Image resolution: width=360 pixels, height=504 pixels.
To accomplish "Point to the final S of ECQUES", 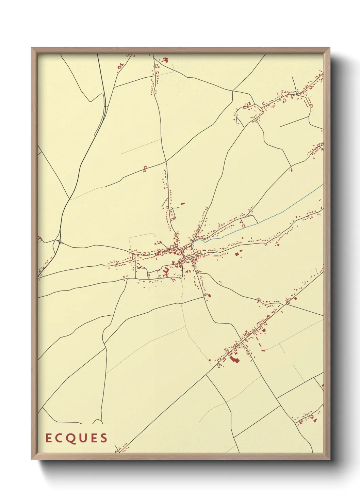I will coord(104,438).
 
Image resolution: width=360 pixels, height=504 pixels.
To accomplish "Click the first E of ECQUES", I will coord(48,438).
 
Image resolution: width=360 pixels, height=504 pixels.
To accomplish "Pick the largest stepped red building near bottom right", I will coord(234,358).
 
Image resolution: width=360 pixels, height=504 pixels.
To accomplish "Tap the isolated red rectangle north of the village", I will coord(183,203).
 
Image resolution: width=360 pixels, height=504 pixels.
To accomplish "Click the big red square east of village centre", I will coord(237,254).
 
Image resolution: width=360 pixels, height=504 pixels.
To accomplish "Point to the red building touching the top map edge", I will coord(166,60).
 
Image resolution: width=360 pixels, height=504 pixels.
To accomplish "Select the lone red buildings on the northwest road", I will coord(145,168).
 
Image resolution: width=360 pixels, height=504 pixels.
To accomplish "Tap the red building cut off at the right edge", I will coord(322,385).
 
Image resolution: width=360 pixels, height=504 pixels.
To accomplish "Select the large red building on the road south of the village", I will coord(209,295).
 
